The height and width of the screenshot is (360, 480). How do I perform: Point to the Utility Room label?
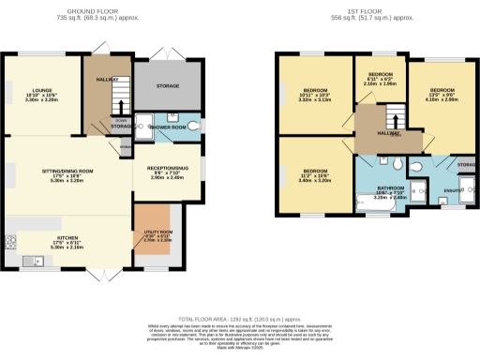point(157,235)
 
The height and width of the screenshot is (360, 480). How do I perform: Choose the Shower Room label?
point(168,127)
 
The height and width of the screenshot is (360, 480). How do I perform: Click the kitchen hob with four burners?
point(12,240)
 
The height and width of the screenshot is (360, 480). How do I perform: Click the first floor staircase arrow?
point(393,119)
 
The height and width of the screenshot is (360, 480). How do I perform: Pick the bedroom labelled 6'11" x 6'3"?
point(379,79)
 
